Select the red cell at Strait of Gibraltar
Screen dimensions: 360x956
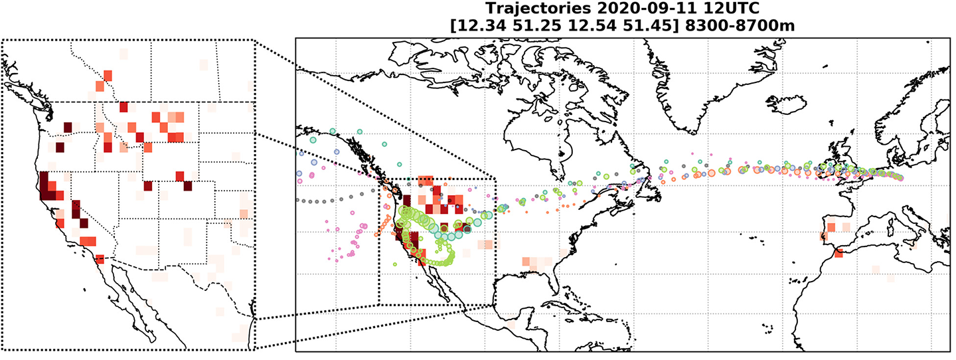[x=838, y=253]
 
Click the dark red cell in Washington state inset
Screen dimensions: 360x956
[x=67, y=128]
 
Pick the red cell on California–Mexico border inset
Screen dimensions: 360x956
[x=100, y=259]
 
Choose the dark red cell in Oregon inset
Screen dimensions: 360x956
[x=60, y=147]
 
